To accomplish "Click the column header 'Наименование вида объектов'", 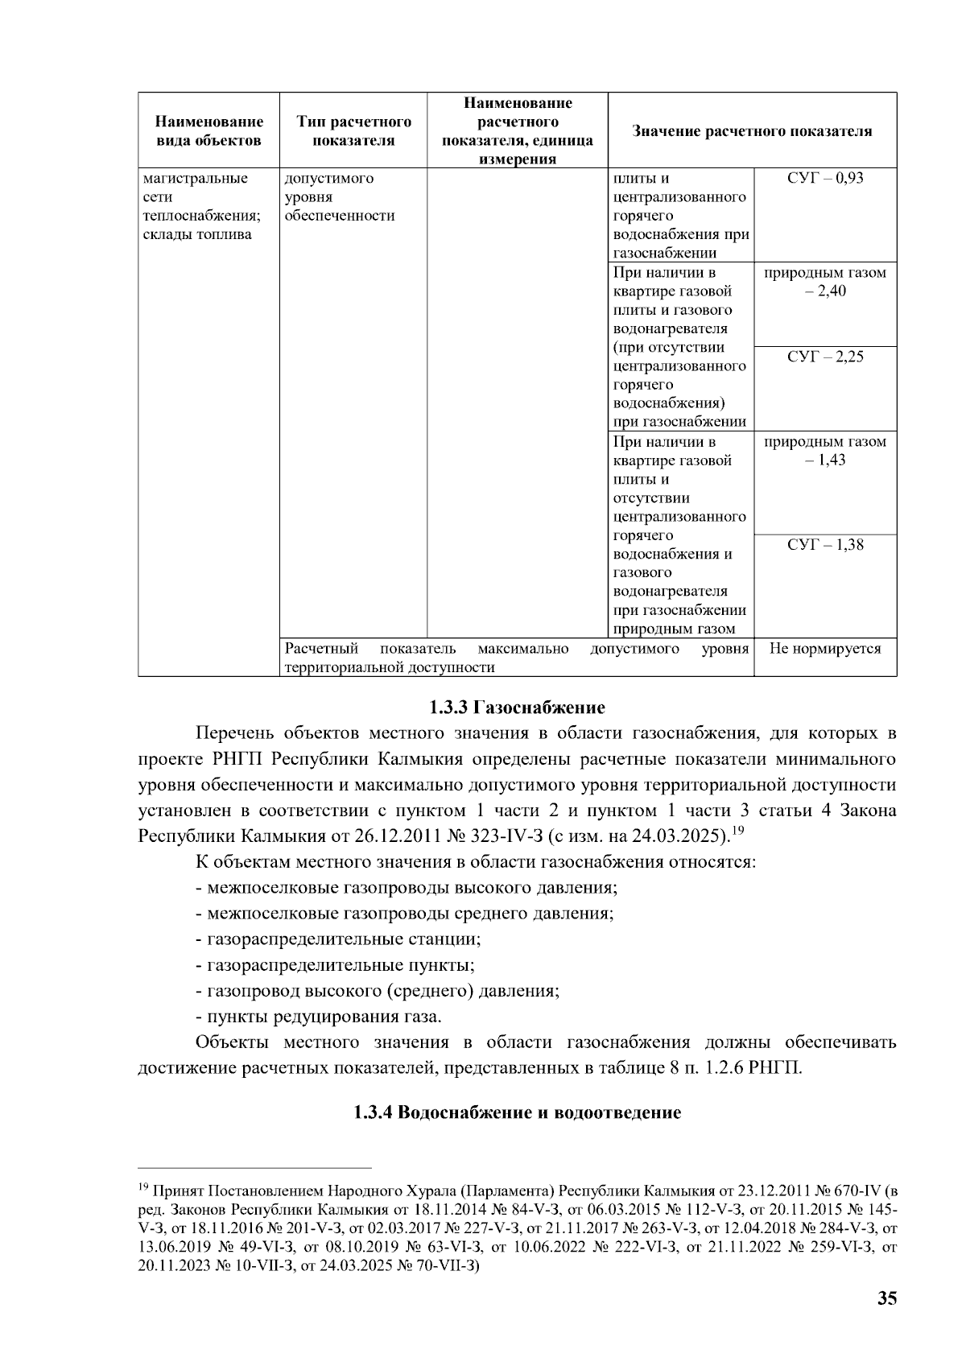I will [x=208, y=131].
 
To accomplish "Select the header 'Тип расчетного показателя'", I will [x=353, y=131].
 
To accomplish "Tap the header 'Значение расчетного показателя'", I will [x=752, y=131].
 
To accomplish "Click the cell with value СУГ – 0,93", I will [x=824, y=179].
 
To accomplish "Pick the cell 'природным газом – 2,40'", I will [x=824, y=282].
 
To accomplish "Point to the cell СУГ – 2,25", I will [x=824, y=357].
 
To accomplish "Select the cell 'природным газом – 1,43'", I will [x=824, y=451].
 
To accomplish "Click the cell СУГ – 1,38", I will [x=824, y=545].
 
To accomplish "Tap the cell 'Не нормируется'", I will [x=824, y=649].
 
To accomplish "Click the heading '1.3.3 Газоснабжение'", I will [x=516, y=708].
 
